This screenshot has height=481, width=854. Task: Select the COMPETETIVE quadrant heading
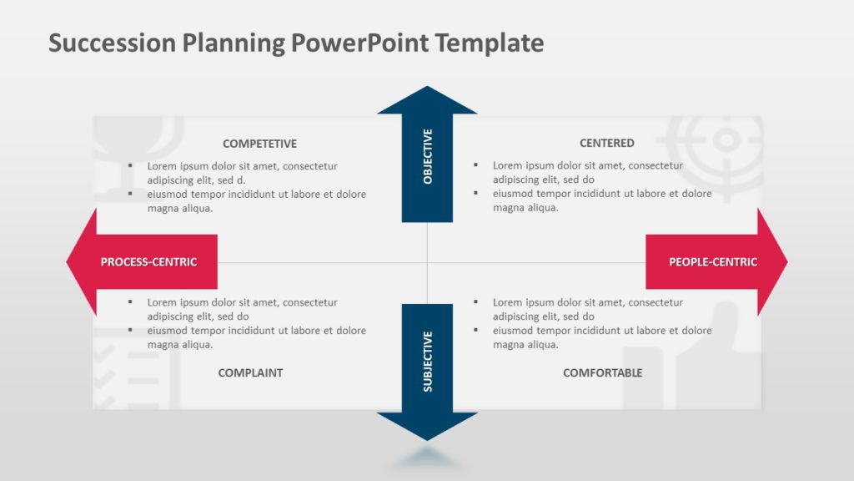(x=259, y=144)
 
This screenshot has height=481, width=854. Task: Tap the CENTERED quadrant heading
(x=606, y=143)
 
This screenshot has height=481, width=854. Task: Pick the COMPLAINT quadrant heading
(x=250, y=372)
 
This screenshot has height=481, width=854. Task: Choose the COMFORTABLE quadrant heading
(x=602, y=372)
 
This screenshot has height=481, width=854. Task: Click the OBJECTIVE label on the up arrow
(x=428, y=156)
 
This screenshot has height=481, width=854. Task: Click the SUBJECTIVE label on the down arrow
(x=428, y=361)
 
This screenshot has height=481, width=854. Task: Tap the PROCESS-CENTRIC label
(x=148, y=262)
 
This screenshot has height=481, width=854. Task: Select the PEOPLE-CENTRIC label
(x=713, y=262)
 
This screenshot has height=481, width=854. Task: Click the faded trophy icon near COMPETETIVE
(x=138, y=142)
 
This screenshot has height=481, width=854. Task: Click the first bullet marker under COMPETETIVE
(x=130, y=165)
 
